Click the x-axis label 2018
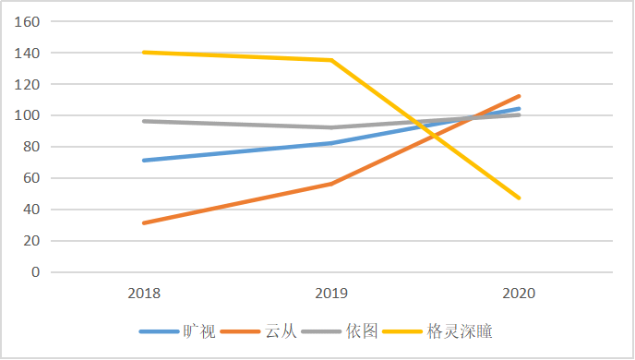145,294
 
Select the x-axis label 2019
332,294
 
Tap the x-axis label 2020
520,294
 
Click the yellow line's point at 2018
145,53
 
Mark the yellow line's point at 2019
332,60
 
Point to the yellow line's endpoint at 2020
520,198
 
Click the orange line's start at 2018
145,223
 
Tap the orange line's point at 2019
332,184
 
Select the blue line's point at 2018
145,161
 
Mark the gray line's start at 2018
145,121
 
